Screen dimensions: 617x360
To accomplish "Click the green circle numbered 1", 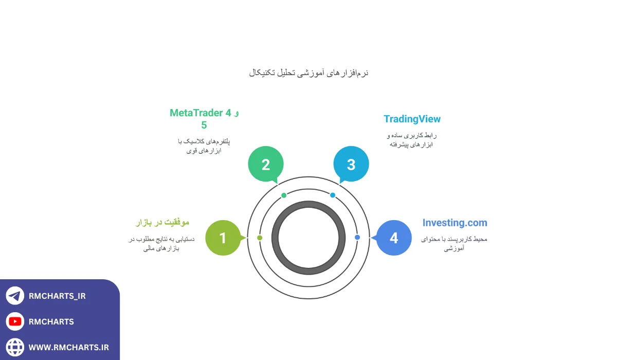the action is tap(223, 238).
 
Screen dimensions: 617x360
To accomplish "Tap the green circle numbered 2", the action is tap(266, 164).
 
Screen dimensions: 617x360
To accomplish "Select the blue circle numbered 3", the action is tap(351, 164).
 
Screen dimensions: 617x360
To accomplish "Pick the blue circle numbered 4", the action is tap(394, 238).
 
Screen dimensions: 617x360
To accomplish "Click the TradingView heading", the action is tap(412, 119).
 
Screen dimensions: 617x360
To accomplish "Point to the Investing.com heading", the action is tap(455, 223).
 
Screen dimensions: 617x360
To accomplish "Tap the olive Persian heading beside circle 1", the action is tap(162, 222).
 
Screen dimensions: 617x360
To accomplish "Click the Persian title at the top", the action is tap(308, 73).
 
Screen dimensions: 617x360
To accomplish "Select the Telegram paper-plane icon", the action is tap(15, 296).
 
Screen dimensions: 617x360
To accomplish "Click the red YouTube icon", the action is tap(15, 321).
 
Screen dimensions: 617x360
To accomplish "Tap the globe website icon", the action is tap(15, 347).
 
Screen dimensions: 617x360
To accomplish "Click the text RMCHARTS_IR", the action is tap(57, 296).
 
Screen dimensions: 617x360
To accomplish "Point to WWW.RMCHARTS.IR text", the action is tap(69, 348).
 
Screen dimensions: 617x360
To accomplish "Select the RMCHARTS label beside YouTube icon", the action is tap(51, 322).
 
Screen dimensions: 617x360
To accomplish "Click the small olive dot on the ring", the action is tap(260, 238).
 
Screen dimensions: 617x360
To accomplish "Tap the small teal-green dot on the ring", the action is tap(284, 195).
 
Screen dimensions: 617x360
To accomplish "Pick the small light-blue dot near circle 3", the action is tap(333, 195).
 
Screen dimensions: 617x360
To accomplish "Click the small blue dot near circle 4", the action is tap(357, 237).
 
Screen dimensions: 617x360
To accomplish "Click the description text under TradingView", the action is tap(411, 140).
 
